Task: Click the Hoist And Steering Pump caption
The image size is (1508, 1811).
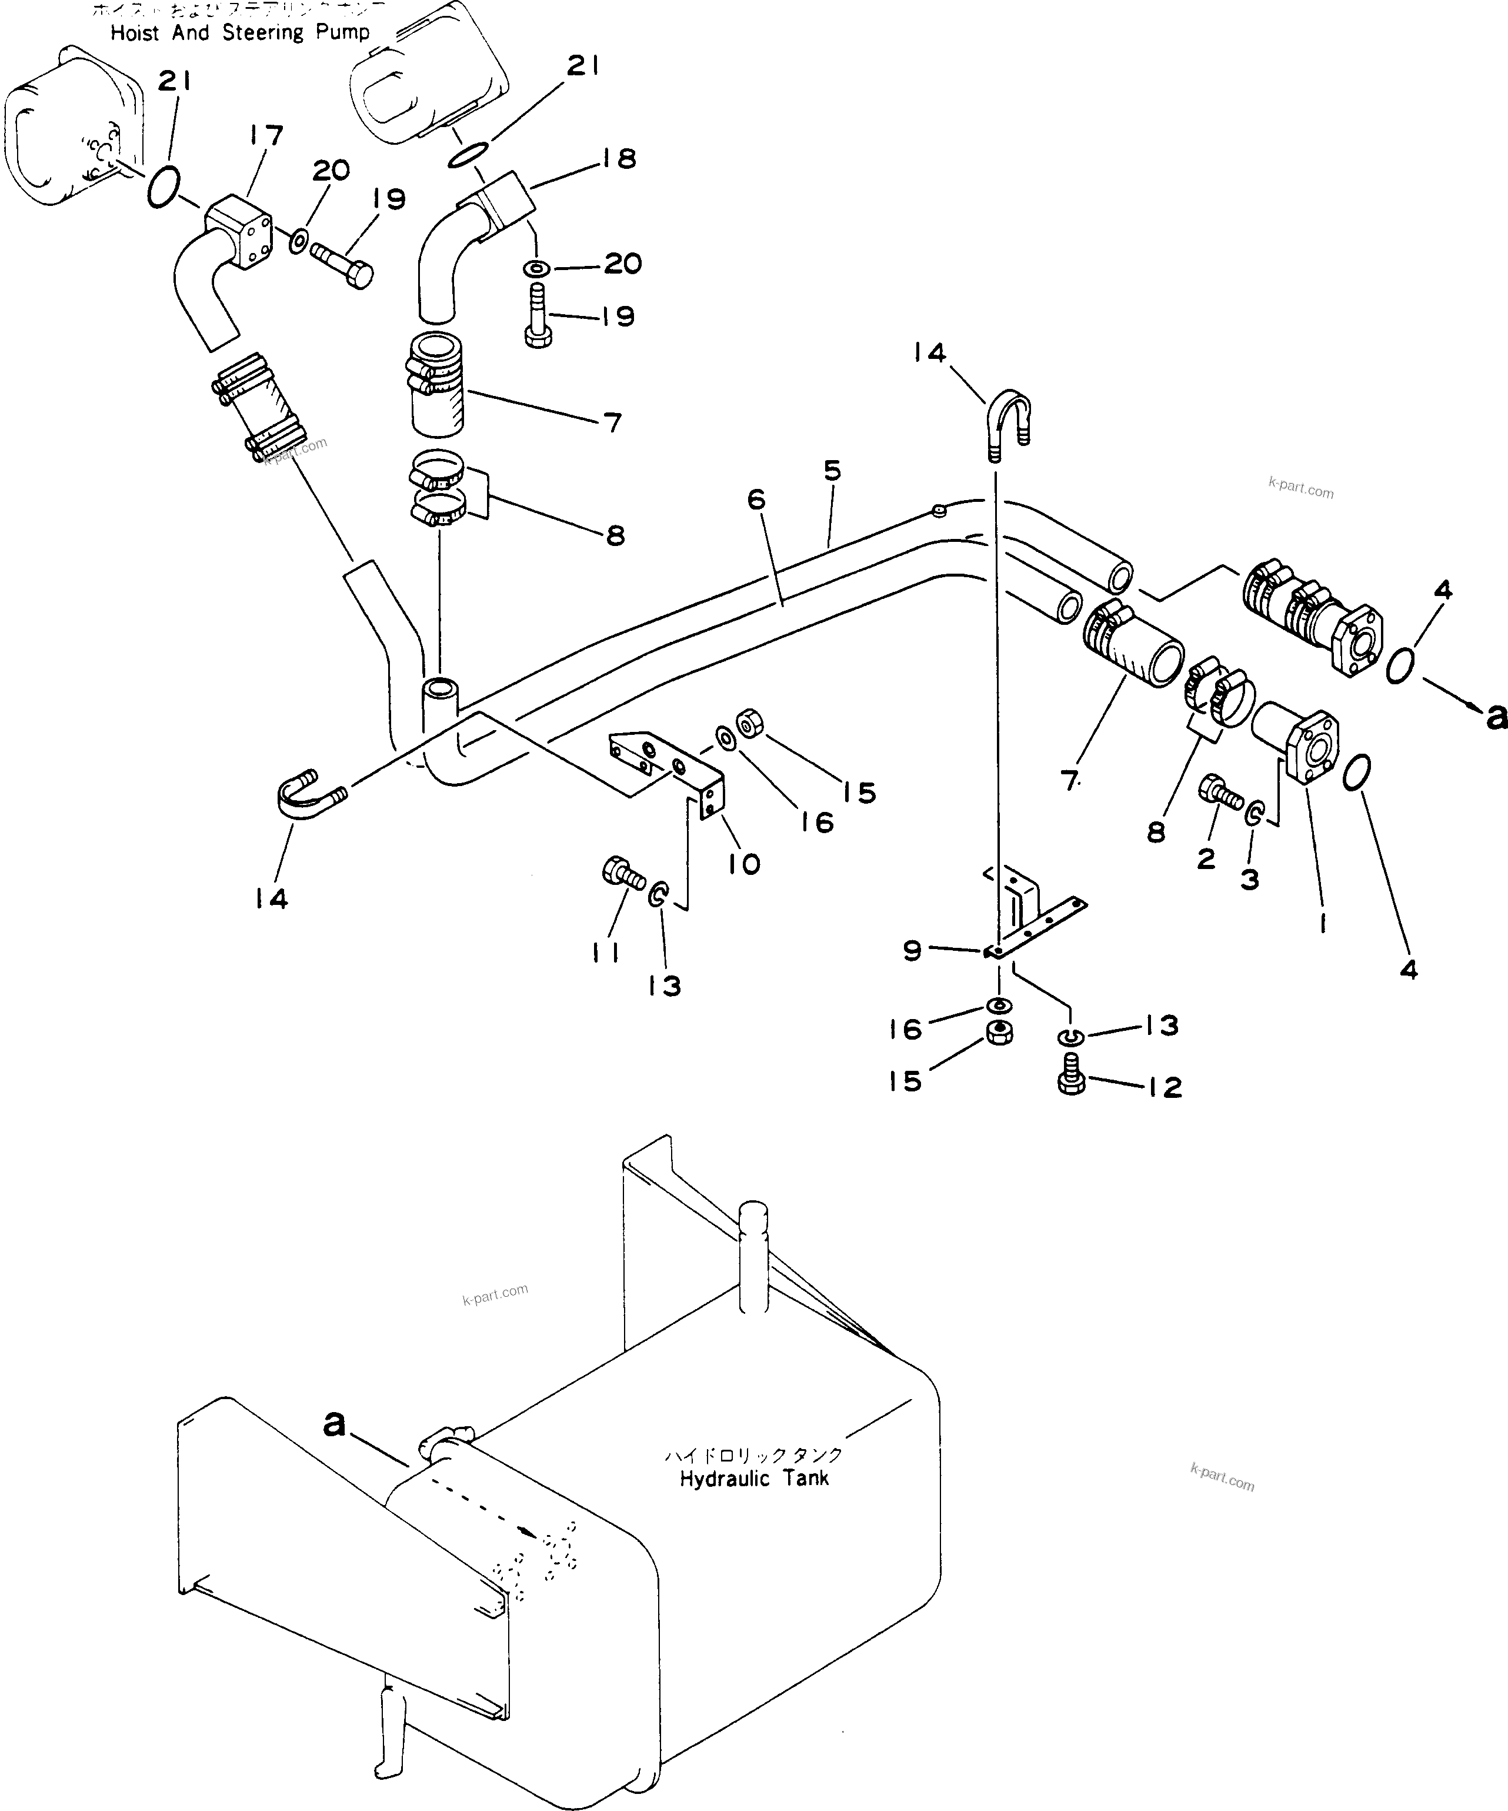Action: [240, 33]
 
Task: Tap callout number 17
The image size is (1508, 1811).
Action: [266, 137]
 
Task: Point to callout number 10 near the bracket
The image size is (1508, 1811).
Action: [743, 863]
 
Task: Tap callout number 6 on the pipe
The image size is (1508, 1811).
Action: [756, 500]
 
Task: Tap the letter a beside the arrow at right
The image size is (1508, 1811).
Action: [1495, 716]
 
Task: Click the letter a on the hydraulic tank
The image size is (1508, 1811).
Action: [335, 1424]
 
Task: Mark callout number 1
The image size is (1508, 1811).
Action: [1322, 924]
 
